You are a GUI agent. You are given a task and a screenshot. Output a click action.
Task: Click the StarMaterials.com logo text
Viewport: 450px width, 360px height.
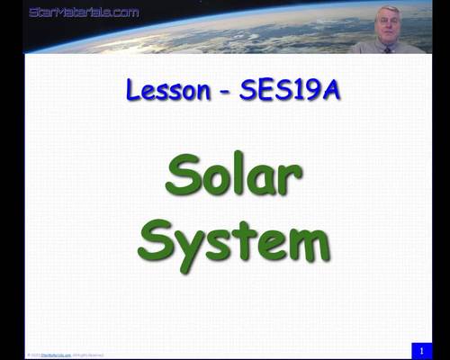pos(84,12)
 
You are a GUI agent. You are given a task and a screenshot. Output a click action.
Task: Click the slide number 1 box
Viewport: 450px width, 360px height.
pos(420,349)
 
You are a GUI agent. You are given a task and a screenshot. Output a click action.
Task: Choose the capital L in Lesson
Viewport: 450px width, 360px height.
pos(135,90)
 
